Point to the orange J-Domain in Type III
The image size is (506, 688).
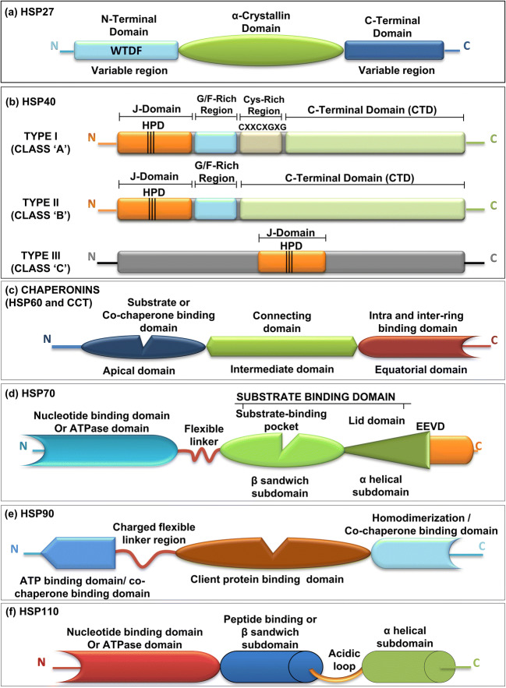click(x=292, y=262)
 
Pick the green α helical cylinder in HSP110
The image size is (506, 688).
click(x=390, y=654)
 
